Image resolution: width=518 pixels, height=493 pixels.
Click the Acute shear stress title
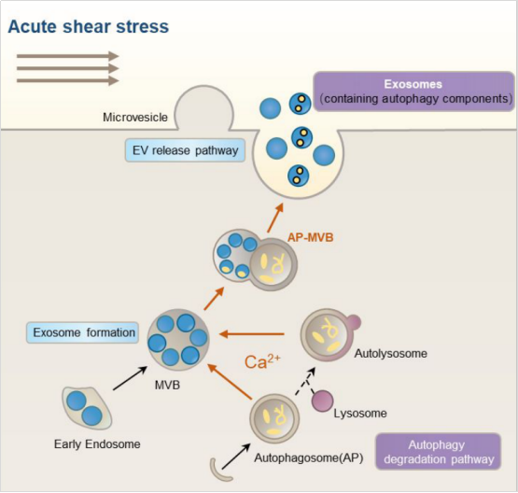tap(89, 26)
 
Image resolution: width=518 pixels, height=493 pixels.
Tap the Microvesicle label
tap(135, 118)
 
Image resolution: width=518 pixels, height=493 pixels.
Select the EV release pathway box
tap(186, 150)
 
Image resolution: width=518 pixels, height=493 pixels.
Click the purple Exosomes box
tap(414, 92)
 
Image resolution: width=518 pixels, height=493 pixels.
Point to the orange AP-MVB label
tap(311, 237)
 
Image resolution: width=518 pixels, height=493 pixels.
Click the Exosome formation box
tap(82, 332)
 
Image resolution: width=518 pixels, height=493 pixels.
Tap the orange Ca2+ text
tap(262, 362)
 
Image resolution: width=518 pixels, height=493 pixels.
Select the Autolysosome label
tap(391, 354)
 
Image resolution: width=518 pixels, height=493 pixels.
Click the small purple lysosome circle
tap(322, 401)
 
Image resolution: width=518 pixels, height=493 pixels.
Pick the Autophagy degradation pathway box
tap(439, 452)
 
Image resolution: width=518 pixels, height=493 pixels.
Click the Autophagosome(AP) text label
tap(309, 458)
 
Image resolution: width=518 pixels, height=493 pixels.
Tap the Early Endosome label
tap(97, 444)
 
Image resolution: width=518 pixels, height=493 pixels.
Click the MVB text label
tap(167, 385)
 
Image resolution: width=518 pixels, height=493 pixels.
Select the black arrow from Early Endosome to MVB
tap(130, 378)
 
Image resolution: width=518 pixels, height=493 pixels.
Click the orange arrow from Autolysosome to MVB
tap(252, 334)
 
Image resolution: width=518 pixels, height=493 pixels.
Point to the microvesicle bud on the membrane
tap(203, 107)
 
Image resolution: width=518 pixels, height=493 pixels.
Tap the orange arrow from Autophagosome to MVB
tap(230, 381)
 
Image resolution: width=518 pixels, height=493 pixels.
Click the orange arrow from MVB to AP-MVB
tap(214, 299)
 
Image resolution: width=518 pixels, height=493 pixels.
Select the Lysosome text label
tap(360, 414)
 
